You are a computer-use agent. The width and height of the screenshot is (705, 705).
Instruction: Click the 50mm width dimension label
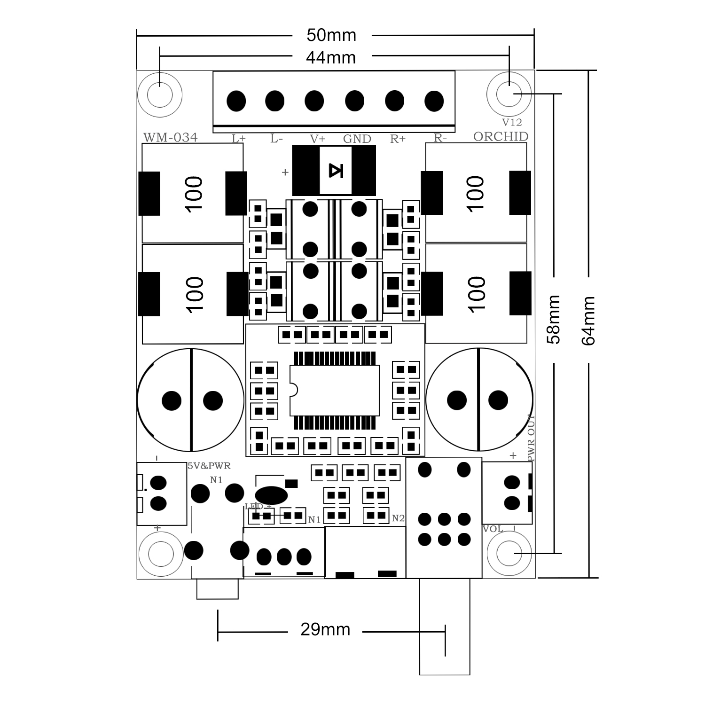[x=331, y=35]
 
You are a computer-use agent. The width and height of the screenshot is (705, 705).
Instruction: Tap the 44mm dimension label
[x=331, y=57]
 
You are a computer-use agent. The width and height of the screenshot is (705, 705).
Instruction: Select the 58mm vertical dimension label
[x=554, y=320]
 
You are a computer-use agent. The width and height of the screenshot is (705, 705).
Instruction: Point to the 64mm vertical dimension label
[x=588, y=321]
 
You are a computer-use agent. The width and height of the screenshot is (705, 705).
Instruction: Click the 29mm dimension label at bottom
[x=325, y=629]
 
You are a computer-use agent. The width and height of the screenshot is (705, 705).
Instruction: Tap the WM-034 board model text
[x=170, y=137]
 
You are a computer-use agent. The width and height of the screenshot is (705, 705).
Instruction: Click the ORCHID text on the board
[x=501, y=137]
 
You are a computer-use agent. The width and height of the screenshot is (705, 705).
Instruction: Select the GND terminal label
[x=357, y=139]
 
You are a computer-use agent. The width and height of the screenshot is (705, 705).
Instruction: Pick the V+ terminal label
[x=318, y=139]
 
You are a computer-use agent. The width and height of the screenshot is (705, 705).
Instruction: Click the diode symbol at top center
[x=335, y=171]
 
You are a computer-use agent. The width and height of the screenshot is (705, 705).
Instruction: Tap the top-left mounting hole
[x=160, y=94]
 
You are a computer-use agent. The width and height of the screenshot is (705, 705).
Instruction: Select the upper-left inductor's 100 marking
[x=194, y=194]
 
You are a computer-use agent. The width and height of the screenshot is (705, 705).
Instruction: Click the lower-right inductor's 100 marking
[x=476, y=294]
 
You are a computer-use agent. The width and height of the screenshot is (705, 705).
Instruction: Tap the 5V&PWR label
[x=209, y=466]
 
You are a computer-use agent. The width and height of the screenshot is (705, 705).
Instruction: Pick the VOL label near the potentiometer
[x=493, y=529]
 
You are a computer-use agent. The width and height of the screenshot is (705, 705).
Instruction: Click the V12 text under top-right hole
[x=512, y=122]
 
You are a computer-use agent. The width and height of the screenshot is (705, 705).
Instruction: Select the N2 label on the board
[x=398, y=518]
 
